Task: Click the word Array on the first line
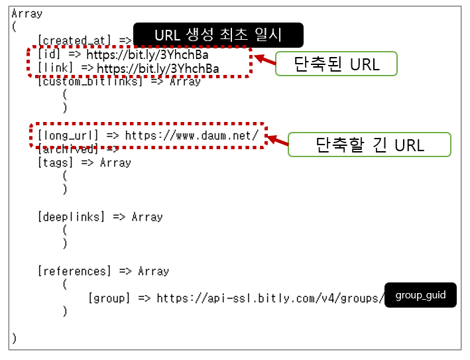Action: click(27, 13)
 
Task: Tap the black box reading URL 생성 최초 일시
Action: click(218, 35)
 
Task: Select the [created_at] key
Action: click(76, 41)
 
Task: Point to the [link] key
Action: click(56, 68)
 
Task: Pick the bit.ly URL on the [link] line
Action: click(158, 68)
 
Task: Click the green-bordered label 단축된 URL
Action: click(335, 64)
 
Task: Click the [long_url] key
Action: click(68, 135)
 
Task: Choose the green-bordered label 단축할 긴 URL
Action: click(369, 145)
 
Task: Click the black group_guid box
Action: click(420, 295)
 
